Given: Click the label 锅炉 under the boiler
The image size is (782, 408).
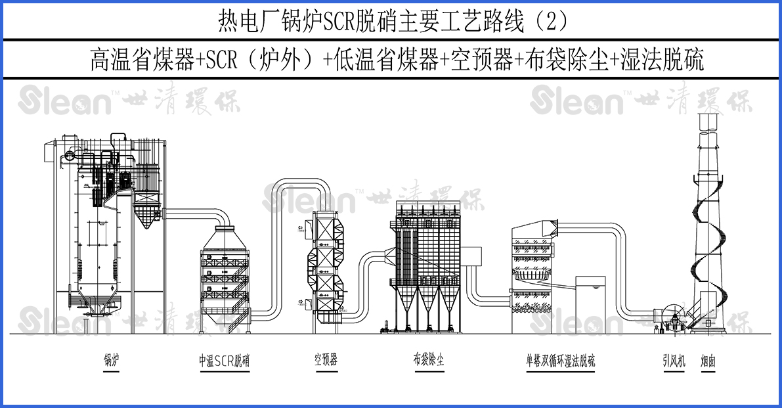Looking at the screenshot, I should (x=111, y=360).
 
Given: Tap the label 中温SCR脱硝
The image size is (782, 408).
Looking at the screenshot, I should (x=224, y=361).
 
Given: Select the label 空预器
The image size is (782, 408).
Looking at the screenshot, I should (x=326, y=360).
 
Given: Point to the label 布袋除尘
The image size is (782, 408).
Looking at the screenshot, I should (x=429, y=360).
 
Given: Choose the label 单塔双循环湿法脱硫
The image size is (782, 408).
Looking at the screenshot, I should (x=560, y=361).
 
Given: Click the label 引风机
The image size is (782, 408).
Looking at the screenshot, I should (x=673, y=361).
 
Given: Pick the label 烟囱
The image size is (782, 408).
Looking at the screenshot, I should (x=708, y=361).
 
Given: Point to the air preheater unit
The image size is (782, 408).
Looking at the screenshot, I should (x=326, y=266).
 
